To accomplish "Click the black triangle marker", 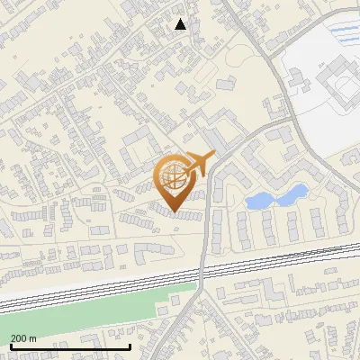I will tap(181, 24).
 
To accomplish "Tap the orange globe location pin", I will tap(175, 175).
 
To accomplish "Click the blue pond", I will tap(274, 197).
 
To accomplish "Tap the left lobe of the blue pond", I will tap(258, 201).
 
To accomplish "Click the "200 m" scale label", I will tap(24, 337).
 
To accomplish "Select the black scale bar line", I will tap(70, 346).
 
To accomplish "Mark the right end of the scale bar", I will tap(130, 346).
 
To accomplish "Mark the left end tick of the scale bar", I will tap(10, 346).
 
